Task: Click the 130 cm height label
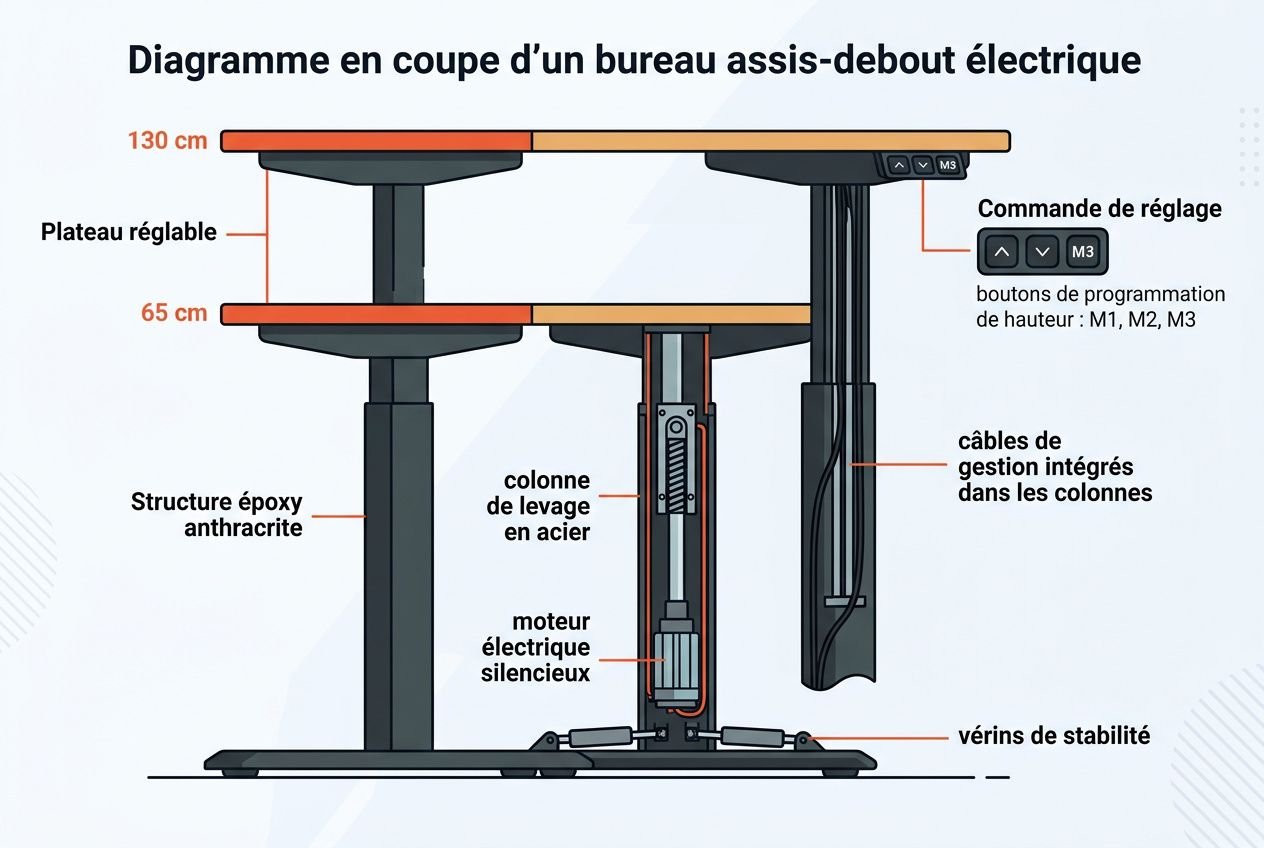(167, 140)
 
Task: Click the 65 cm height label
(174, 313)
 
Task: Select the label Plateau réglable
(128, 232)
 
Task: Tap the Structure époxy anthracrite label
(216, 514)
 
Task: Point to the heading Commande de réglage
(1099, 209)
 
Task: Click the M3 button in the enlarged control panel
(1082, 252)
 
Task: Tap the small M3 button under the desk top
(948, 165)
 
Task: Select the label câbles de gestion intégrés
(1054, 467)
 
